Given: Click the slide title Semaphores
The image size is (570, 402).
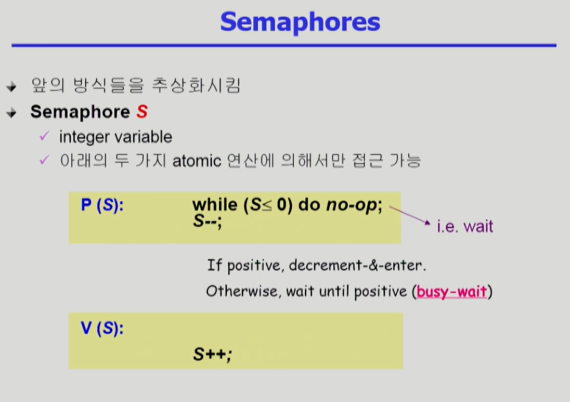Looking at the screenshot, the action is click(300, 22).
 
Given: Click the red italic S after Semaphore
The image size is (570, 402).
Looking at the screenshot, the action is click(142, 112).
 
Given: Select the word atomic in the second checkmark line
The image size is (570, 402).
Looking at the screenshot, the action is click(197, 161).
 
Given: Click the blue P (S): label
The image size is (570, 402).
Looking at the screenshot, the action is click(102, 205).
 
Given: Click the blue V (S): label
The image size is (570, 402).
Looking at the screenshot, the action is click(102, 329).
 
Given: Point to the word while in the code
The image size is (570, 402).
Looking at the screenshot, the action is click(214, 204).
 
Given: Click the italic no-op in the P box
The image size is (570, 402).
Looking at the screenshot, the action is click(352, 205).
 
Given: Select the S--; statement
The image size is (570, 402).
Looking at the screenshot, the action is click(207, 221).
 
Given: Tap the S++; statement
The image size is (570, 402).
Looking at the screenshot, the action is click(212, 354).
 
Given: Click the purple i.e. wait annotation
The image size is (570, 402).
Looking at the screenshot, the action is click(464, 226).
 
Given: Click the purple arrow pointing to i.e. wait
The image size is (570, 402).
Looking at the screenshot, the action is click(410, 215).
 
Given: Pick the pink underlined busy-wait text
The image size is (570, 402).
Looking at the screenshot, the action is click(452, 292).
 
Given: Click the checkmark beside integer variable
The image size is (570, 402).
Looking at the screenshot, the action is click(44, 136).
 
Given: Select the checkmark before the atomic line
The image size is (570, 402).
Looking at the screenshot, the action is click(44, 160).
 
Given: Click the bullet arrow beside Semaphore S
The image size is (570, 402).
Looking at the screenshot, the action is click(11, 113).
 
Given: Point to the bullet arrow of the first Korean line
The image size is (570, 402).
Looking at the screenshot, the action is click(11, 87).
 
